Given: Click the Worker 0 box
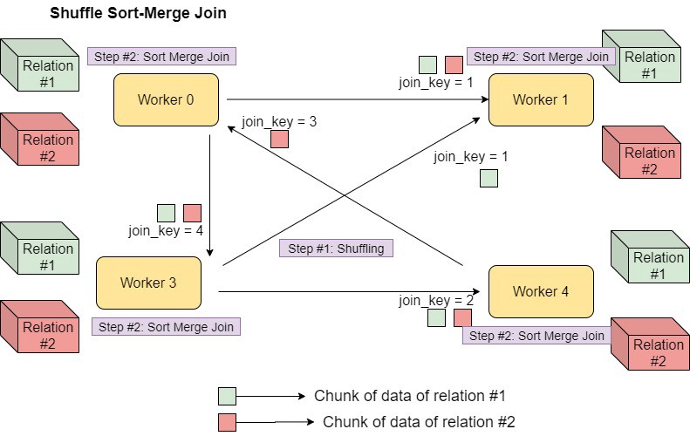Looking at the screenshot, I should [x=166, y=99].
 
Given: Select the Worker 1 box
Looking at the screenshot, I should [x=541, y=99].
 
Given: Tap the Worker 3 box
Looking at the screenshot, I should [x=148, y=283].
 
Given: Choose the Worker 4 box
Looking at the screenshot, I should [x=541, y=291].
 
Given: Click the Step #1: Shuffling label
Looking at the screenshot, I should [x=337, y=249].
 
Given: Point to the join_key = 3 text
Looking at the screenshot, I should [x=279, y=122].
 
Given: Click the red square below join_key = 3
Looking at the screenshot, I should [x=279, y=140].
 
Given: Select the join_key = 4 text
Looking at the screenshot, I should [x=165, y=231].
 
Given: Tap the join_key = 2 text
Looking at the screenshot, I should [x=436, y=301].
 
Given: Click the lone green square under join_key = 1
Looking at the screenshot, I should [x=488, y=178].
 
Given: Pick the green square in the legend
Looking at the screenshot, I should [x=227, y=396].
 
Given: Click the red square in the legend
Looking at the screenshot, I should [x=227, y=422].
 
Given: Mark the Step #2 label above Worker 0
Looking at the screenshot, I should [x=161, y=57].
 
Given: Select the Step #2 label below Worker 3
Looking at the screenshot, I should [x=165, y=327].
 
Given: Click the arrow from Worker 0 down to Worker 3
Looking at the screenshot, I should [x=209, y=192].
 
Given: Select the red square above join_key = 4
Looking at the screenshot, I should [x=192, y=213].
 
